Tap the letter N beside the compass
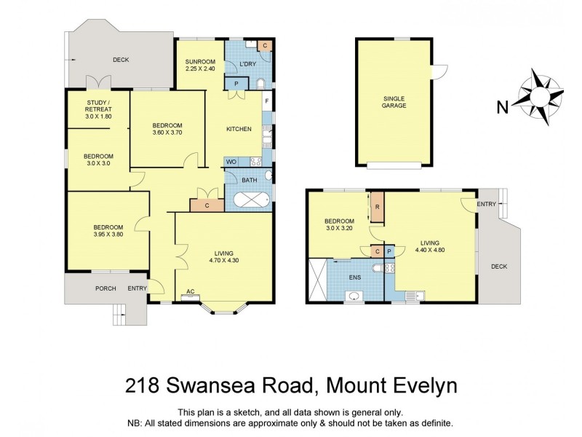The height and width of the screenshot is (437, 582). pos(502,109)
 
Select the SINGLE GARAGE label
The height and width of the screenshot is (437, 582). pos(394,102)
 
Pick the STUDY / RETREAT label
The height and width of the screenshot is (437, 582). pos(97,108)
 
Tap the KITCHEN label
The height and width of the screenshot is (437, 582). pos(239,129)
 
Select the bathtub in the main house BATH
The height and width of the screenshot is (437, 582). pos(248,199)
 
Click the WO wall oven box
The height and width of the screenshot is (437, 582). pos(231,162)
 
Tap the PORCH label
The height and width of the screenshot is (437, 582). pos(106,288)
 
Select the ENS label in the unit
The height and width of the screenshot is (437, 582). pos(354,277)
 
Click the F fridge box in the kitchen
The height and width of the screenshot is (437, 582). pos(267,101)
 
